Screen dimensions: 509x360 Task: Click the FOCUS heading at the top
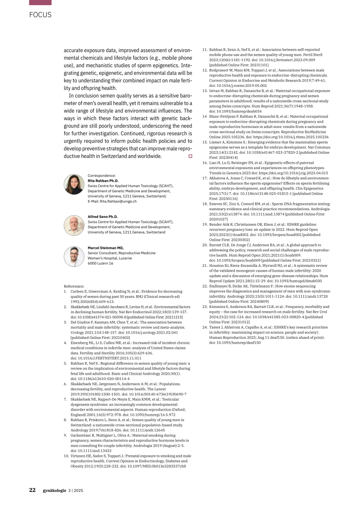[x=40, y=15]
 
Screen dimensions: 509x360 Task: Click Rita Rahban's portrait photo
[x=74, y=184]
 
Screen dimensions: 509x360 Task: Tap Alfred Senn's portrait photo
[x=74, y=225]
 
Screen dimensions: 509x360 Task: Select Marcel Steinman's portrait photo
[x=74, y=257]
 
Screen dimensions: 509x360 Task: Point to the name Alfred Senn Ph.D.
[x=103, y=217]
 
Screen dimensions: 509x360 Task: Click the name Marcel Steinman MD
[x=105, y=248]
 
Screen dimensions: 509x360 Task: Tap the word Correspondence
[x=101, y=176]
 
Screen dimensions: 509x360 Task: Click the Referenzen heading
[x=74, y=286]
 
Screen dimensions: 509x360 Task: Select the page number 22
[x=32, y=490]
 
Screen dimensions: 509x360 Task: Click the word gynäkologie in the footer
[x=54, y=490]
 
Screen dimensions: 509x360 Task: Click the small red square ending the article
[x=191, y=156]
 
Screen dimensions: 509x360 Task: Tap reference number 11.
[x=205, y=50]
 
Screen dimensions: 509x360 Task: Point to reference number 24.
[x=205, y=327]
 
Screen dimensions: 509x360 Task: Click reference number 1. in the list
[x=65, y=291]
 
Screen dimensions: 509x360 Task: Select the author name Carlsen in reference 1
[x=77, y=291]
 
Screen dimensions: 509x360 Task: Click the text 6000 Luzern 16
[x=101, y=263]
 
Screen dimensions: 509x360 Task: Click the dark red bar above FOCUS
[x=40, y=2]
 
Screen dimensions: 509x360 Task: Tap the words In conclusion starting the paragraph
[x=83, y=96]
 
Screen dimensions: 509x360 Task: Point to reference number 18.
[x=205, y=204]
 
